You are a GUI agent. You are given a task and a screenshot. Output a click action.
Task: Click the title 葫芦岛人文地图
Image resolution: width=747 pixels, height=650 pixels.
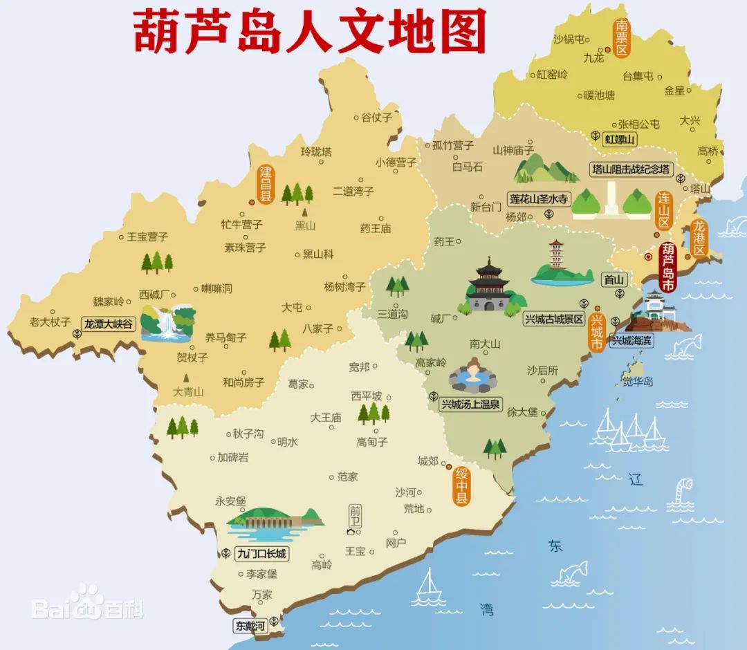[x=309, y=31]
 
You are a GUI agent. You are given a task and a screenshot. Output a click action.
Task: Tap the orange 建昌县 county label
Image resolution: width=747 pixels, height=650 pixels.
[x=266, y=183]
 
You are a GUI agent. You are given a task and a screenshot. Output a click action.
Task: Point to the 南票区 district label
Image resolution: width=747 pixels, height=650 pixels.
[x=621, y=39]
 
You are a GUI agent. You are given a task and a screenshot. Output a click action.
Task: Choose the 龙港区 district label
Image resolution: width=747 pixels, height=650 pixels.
[x=699, y=239]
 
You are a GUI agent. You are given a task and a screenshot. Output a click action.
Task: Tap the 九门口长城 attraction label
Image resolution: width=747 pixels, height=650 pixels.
[x=261, y=554]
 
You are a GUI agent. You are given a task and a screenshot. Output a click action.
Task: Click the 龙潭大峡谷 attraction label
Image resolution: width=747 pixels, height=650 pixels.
[x=108, y=324]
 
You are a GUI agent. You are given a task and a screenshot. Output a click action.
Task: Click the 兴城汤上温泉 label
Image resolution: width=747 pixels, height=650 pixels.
[x=471, y=404]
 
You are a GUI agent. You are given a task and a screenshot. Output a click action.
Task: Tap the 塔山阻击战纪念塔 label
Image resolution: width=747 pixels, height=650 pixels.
[x=630, y=169]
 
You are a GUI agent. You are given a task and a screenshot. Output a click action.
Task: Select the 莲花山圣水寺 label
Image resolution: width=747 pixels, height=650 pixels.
[x=539, y=199]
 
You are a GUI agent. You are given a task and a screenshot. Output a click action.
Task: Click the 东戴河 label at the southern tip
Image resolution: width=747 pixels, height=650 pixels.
[x=250, y=626]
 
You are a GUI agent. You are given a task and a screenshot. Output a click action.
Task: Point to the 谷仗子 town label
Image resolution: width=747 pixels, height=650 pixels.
[x=376, y=118]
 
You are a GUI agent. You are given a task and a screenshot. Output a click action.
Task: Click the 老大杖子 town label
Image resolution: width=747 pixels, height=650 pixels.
[x=50, y=322]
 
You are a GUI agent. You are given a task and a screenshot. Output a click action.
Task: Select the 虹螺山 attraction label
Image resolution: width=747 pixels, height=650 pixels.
[x=620, y=139]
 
